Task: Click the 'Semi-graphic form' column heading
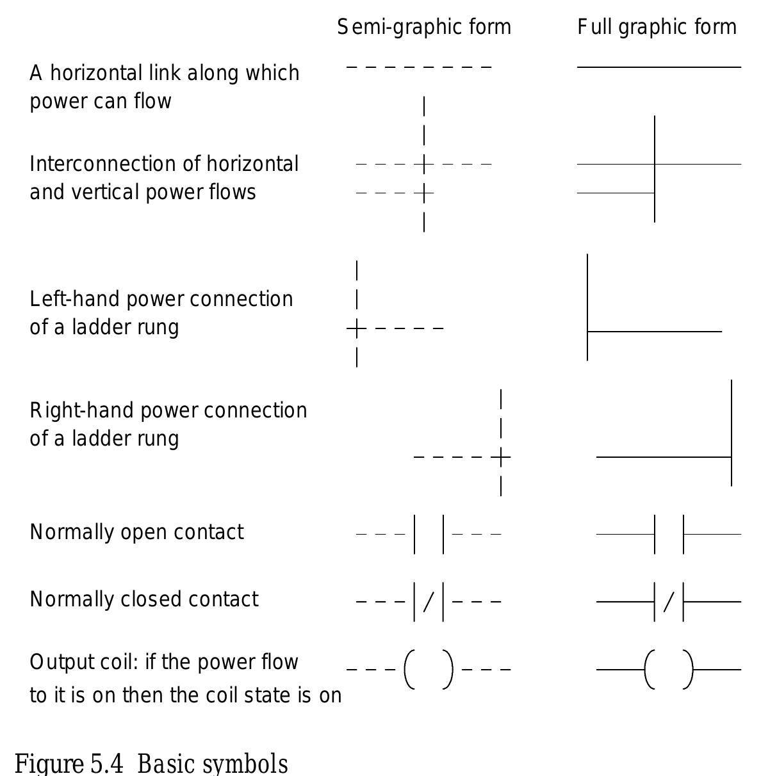(x=424, y=28)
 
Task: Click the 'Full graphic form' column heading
(x=657, y=28)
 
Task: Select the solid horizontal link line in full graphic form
(x=659, y=67)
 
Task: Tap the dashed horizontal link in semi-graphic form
(x=419, y=67)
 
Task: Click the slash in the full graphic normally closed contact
(x=669, y=602)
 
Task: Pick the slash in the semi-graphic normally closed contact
(x=429, y=602)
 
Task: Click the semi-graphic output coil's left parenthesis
(x=409, y=670)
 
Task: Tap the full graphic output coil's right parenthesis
(x=688, y=670)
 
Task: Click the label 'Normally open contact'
(x=136, y=532)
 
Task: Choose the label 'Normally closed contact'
(x=144, y=599)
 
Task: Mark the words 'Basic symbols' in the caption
(x=213, y=764)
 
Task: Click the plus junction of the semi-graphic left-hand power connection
(x=357, y=329)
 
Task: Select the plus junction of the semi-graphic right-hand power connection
(x=501, y=457)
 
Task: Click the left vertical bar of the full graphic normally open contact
(x=655, y=534)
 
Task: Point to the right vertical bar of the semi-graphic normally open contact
(x=443, y=534)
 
